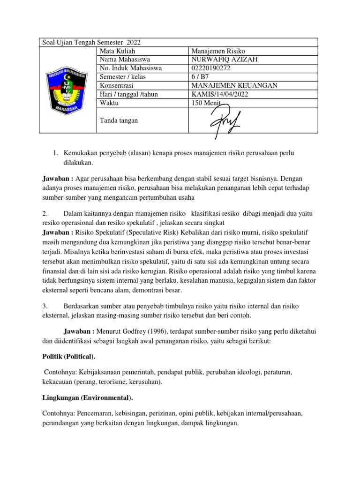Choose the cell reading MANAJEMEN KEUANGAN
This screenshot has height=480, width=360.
tap(234, 86)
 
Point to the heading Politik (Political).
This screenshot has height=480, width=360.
tap(69, 357)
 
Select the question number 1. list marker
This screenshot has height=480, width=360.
tap(54, 153)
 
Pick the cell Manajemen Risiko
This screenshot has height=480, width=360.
tap(218, 51)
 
